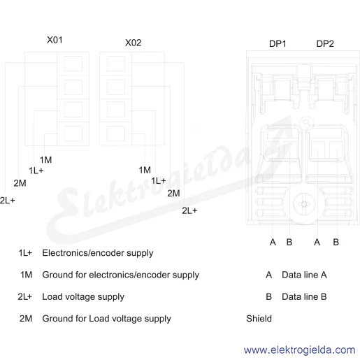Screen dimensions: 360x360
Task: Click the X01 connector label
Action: point(55,40)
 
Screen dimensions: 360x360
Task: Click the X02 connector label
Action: point(134,43)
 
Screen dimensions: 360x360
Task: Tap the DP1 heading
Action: point(278,44)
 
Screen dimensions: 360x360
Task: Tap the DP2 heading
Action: point(325,44)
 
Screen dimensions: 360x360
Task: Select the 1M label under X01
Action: point(45,160)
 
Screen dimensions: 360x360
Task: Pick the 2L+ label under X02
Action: point(189,210)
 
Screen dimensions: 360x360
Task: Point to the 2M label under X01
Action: point(20,183)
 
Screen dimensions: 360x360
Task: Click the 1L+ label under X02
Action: point(159,181)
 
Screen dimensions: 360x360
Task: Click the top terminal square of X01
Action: point(73,64)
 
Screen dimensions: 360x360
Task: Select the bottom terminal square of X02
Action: point(116,134)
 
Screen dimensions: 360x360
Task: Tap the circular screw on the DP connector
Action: point(304,204)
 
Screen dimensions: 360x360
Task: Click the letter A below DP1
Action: point(273,243)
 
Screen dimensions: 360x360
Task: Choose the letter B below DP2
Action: point(336,243)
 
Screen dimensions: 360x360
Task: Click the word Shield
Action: point(259,319)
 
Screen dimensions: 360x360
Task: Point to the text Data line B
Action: point(304,296)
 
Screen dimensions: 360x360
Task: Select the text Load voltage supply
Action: point(83,297)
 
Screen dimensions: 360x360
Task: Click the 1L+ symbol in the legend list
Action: point(25,253)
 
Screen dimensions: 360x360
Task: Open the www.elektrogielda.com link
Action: point(299,350)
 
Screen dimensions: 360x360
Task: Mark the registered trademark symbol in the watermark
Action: point(305,124)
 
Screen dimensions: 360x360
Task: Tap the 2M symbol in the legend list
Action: point(26,319)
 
